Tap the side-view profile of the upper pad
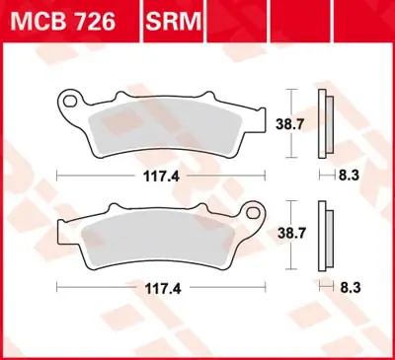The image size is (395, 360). (325, 123)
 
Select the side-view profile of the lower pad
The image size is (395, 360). (325, 237)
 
